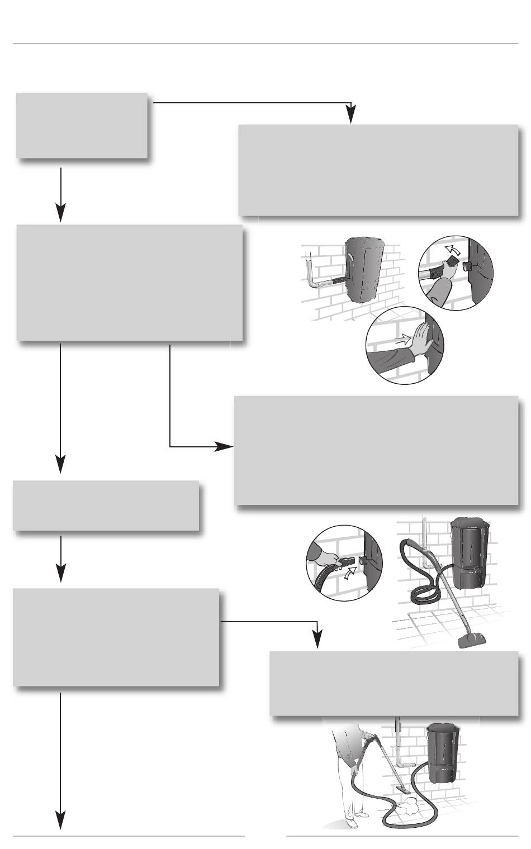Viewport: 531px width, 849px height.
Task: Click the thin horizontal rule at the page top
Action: tap(265, 43)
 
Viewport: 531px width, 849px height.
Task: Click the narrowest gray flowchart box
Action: tap(82, 126)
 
